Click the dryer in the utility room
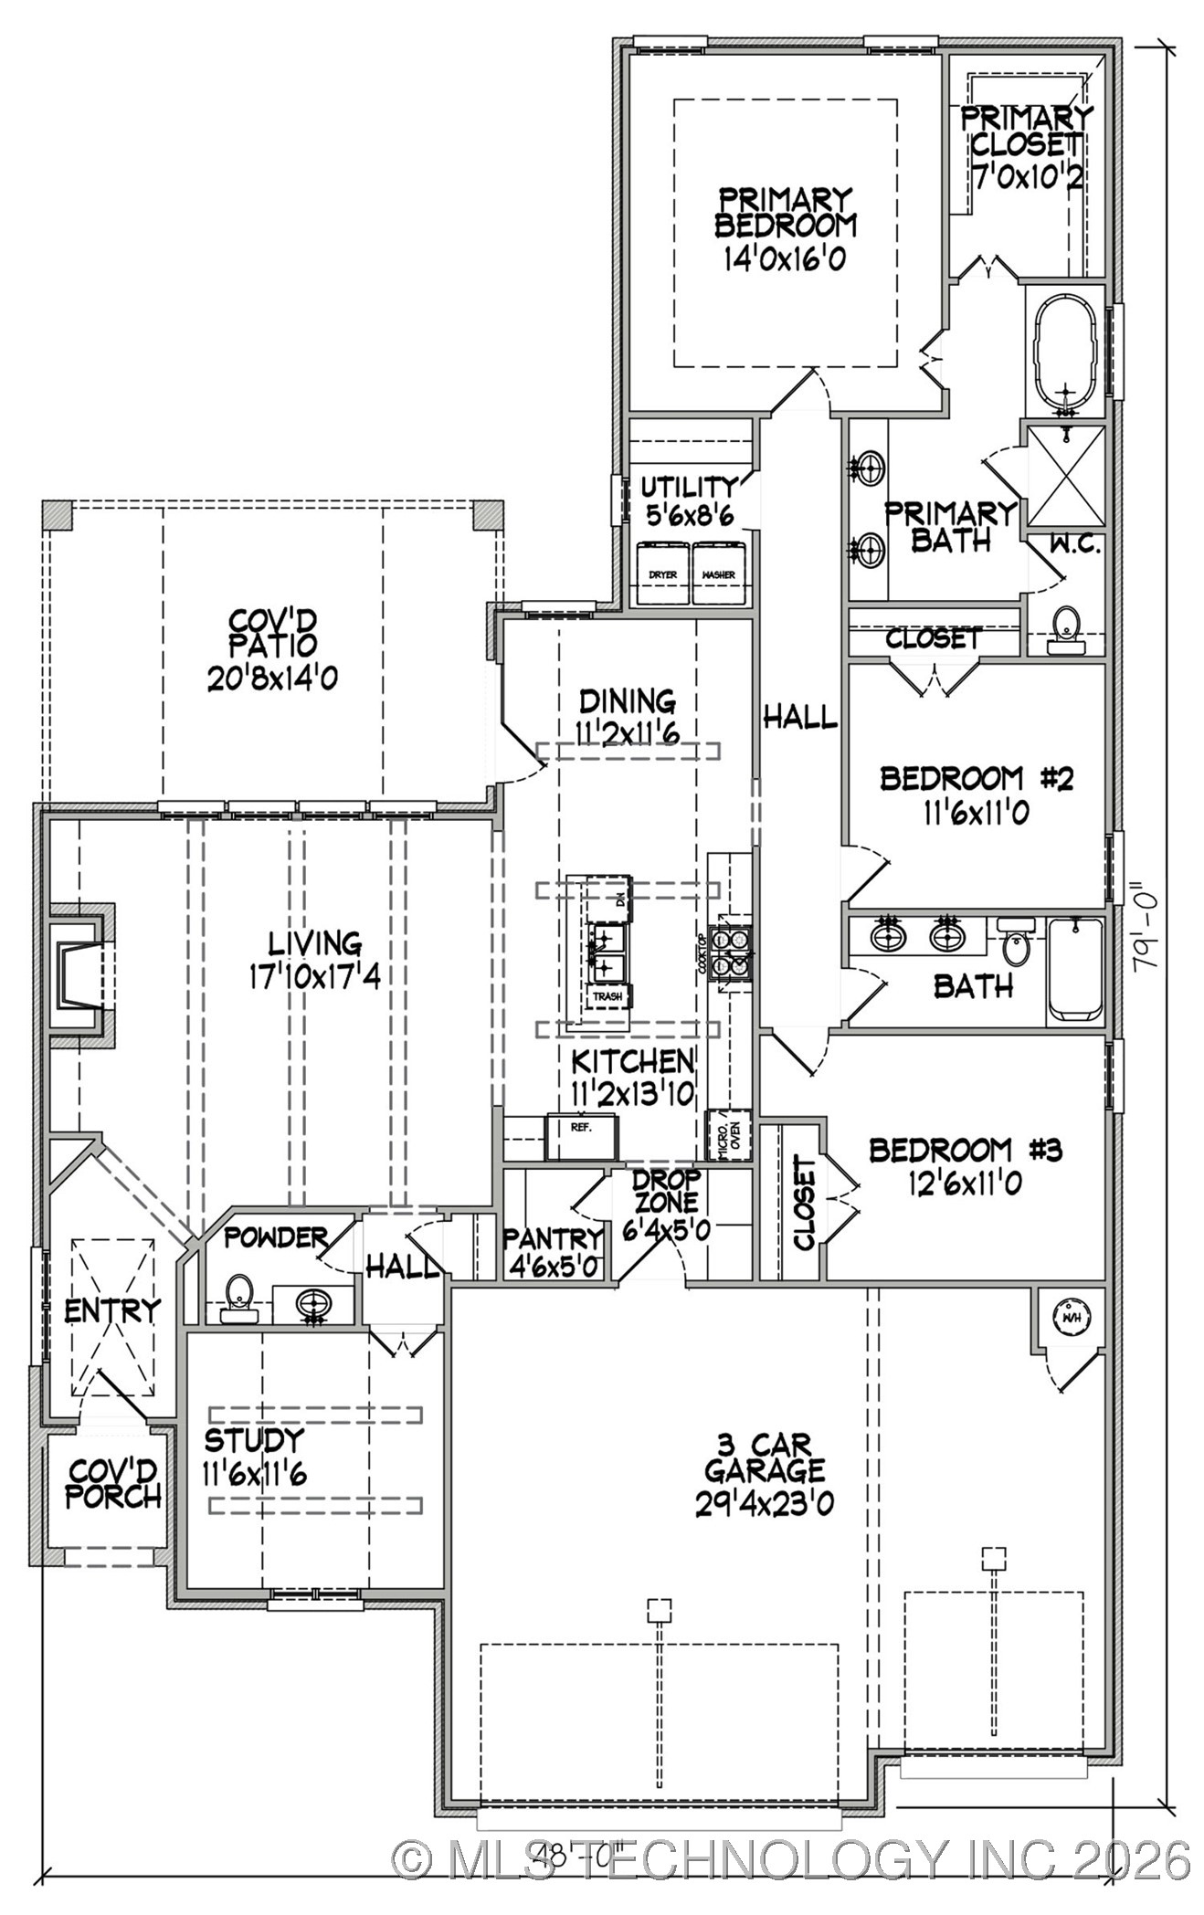coord(662,573)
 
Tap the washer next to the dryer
coord(719,573)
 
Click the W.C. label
coord(1074,545)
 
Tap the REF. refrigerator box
coord(582,1135)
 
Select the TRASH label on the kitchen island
coord(607,996)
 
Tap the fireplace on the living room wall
coord(78,972)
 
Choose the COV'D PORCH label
coord(114,1483)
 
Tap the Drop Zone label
coord(667,1191)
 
